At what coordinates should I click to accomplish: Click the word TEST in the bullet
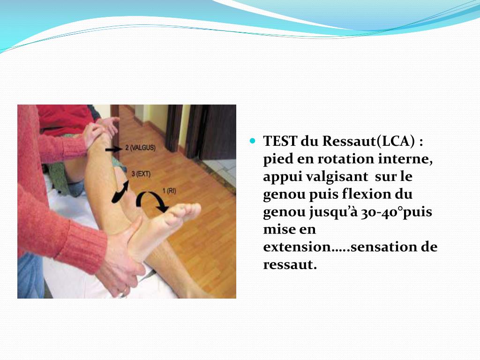[x=279, y=141]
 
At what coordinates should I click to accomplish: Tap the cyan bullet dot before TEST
[x=254, y=140]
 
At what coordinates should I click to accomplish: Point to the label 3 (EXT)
[x=141, y=174]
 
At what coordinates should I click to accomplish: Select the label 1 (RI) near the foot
[x=170, y=190]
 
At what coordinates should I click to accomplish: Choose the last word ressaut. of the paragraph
[x=290, y=265]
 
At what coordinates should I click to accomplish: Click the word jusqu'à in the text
[x=333, y=212]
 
